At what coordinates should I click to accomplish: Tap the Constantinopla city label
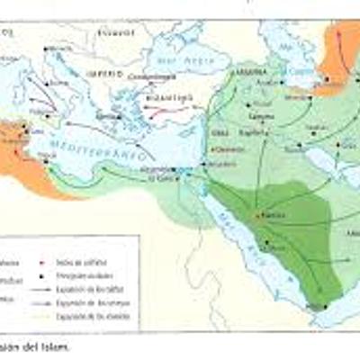coord(148,77)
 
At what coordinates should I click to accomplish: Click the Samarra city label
coord(260,118)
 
